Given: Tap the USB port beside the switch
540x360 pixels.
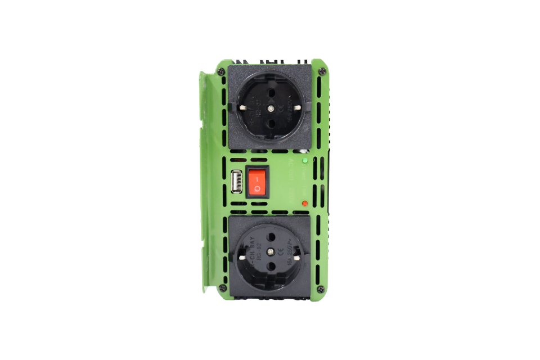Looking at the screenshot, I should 236,182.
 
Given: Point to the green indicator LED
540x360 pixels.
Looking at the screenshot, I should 305,160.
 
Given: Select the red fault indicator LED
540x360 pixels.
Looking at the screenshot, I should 305,202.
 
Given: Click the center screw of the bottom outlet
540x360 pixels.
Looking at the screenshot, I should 271,251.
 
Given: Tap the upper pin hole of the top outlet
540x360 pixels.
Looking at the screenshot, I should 272,92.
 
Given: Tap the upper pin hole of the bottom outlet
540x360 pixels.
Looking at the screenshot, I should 272,236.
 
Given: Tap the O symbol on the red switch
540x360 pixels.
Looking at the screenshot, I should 257,188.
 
